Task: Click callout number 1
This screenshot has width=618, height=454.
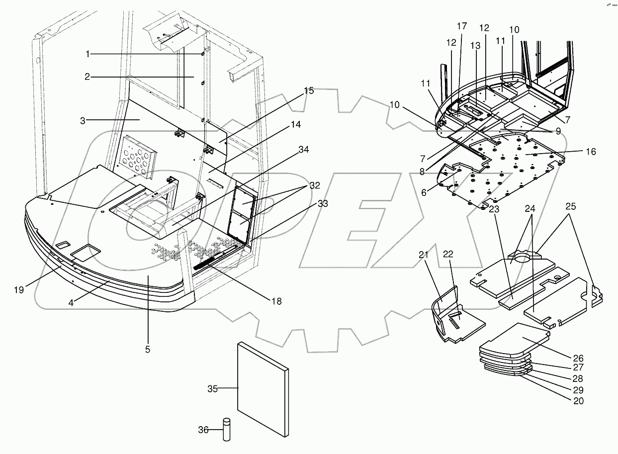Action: pos(87,53)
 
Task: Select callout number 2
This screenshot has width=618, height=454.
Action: pos(87,77)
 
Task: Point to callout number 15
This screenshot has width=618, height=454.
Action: pos(309,91)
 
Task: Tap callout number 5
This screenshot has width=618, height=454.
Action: pos(148,349)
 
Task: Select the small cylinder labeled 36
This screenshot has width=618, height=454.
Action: pos(227,428)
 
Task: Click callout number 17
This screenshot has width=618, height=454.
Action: pos(462,26)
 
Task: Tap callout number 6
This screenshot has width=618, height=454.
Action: pos(423,192)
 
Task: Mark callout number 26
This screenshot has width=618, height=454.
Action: pos(577,358)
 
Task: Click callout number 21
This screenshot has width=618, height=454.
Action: pos(423,255)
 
